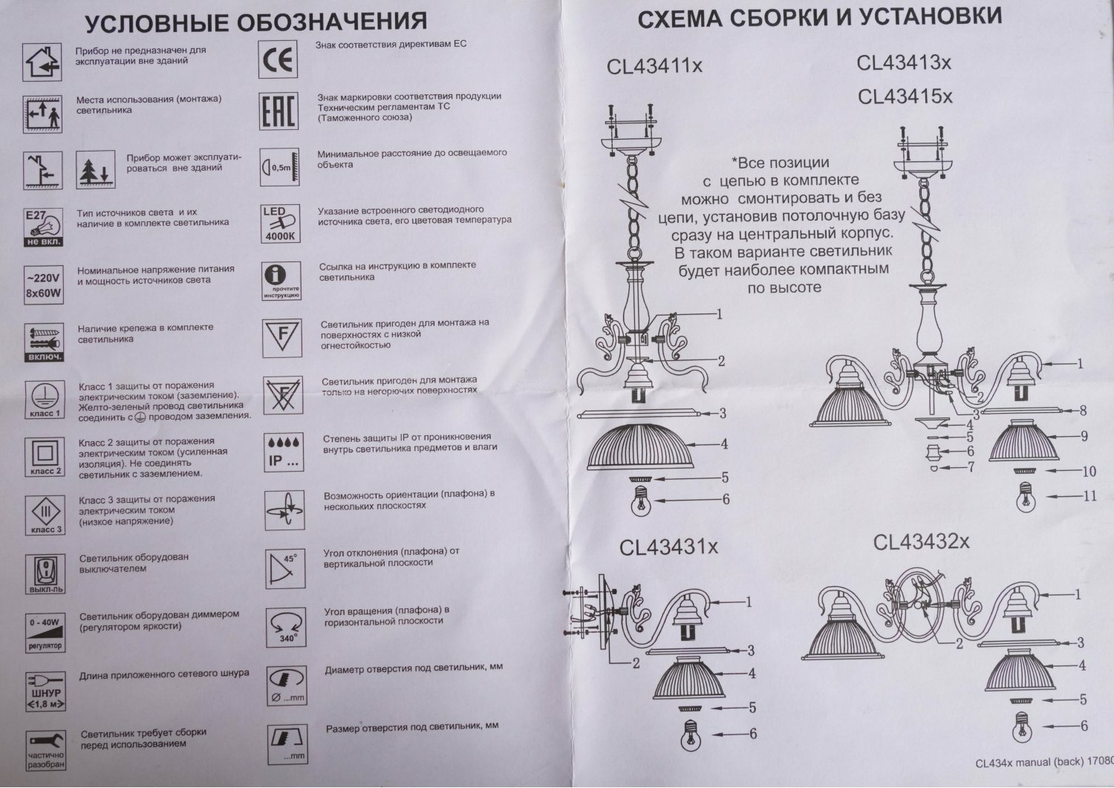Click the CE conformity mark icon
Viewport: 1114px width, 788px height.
[x=278, y=60]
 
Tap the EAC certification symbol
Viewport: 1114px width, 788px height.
[x=278, y=112]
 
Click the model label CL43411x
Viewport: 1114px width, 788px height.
[x=654, y=67]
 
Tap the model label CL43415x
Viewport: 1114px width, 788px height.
[x=905, y=97]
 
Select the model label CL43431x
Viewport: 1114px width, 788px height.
[x=669, y=548]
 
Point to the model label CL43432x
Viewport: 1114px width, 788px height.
[x=921, y=542]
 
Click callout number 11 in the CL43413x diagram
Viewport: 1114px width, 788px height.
[x=1089, y=496]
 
